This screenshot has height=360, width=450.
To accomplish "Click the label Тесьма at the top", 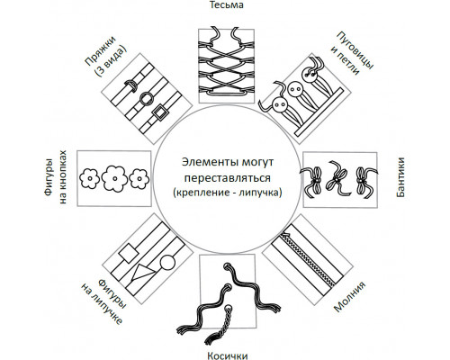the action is click(x=226, y=4).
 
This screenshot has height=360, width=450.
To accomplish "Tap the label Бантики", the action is click(x=400, y=177).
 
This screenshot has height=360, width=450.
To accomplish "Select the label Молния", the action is click(x=350, y=297).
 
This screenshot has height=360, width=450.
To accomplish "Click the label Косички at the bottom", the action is click(x=228, y=355).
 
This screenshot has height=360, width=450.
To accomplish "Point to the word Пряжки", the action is click(x=100, y=51).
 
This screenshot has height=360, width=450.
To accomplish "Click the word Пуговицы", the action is click(x=355, y=50).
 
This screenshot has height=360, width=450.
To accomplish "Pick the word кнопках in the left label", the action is click(x=62, y=177).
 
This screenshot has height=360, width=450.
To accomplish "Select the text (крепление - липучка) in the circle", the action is click(x=228, y=193).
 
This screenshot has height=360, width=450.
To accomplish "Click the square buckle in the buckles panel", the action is click(x=159, y=112).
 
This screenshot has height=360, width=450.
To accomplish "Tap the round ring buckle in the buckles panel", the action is click(x=147, y=98).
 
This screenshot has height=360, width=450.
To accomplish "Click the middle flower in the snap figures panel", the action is click(x=114, y=178).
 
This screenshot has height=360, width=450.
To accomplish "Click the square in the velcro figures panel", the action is click(x=129, y=254).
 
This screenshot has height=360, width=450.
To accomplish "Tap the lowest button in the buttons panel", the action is click(x=280, y=105).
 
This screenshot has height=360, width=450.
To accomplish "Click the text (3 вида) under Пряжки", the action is click(x=110, y=61).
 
